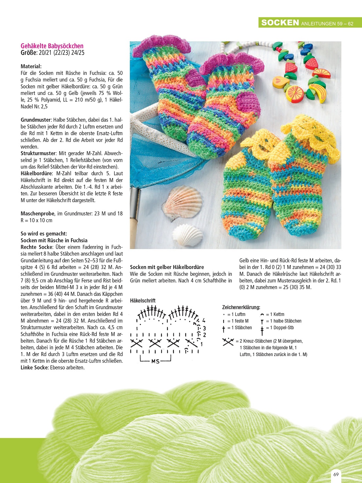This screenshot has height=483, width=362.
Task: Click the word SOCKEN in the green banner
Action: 280,23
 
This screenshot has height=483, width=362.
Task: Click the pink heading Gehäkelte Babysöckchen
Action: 52,46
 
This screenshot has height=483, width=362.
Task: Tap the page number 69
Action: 336,474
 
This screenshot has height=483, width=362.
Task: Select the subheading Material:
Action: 31,66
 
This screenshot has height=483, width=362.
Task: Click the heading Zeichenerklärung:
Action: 241,307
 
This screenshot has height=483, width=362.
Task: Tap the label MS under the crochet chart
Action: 155,361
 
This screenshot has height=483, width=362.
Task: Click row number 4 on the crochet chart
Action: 204,320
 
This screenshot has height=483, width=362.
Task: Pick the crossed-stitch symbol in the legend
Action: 228,342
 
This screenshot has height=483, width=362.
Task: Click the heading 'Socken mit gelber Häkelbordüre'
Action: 167,267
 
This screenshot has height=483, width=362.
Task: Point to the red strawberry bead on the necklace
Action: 290,68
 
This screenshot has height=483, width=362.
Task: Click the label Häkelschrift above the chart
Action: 143,300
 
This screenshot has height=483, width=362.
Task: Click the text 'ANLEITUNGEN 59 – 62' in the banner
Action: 327,24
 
